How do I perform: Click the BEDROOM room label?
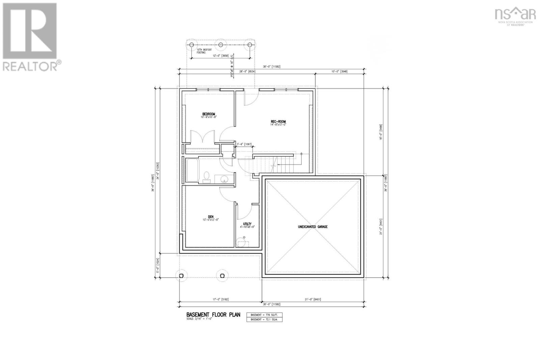(x=209, y=114)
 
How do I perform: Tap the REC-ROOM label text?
(x=278, y=122)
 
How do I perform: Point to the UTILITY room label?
(x=247, y=224)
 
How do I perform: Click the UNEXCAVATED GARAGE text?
(x=313, y=227)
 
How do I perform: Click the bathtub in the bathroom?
(x=193, y=171)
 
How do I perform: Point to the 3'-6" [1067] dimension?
(x=244, y=144)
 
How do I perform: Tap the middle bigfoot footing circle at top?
(x=221, y=45)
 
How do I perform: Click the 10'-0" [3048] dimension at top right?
(x=340, y=72)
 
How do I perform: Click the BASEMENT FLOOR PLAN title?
(x=213, y=315)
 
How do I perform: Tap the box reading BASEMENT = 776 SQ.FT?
(x=264, y=315)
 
